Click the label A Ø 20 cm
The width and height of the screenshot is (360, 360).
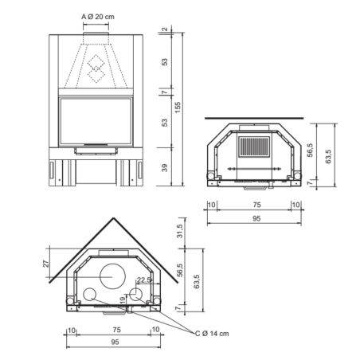(x=96, y=16)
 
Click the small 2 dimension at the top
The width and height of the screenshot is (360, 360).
(x=164, y=30)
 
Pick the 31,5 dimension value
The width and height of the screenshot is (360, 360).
(x=179, y=231)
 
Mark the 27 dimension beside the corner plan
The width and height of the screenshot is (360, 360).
(x=47, y=263)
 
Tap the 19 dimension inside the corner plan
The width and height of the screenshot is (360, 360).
(x=122, y=299)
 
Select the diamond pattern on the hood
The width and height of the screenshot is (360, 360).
(x=96, y=69)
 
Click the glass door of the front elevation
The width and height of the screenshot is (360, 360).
(x=96, y=121)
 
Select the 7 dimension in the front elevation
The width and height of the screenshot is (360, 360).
(x=164, y=92)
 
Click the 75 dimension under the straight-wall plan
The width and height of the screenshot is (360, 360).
(x=253, y=205)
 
